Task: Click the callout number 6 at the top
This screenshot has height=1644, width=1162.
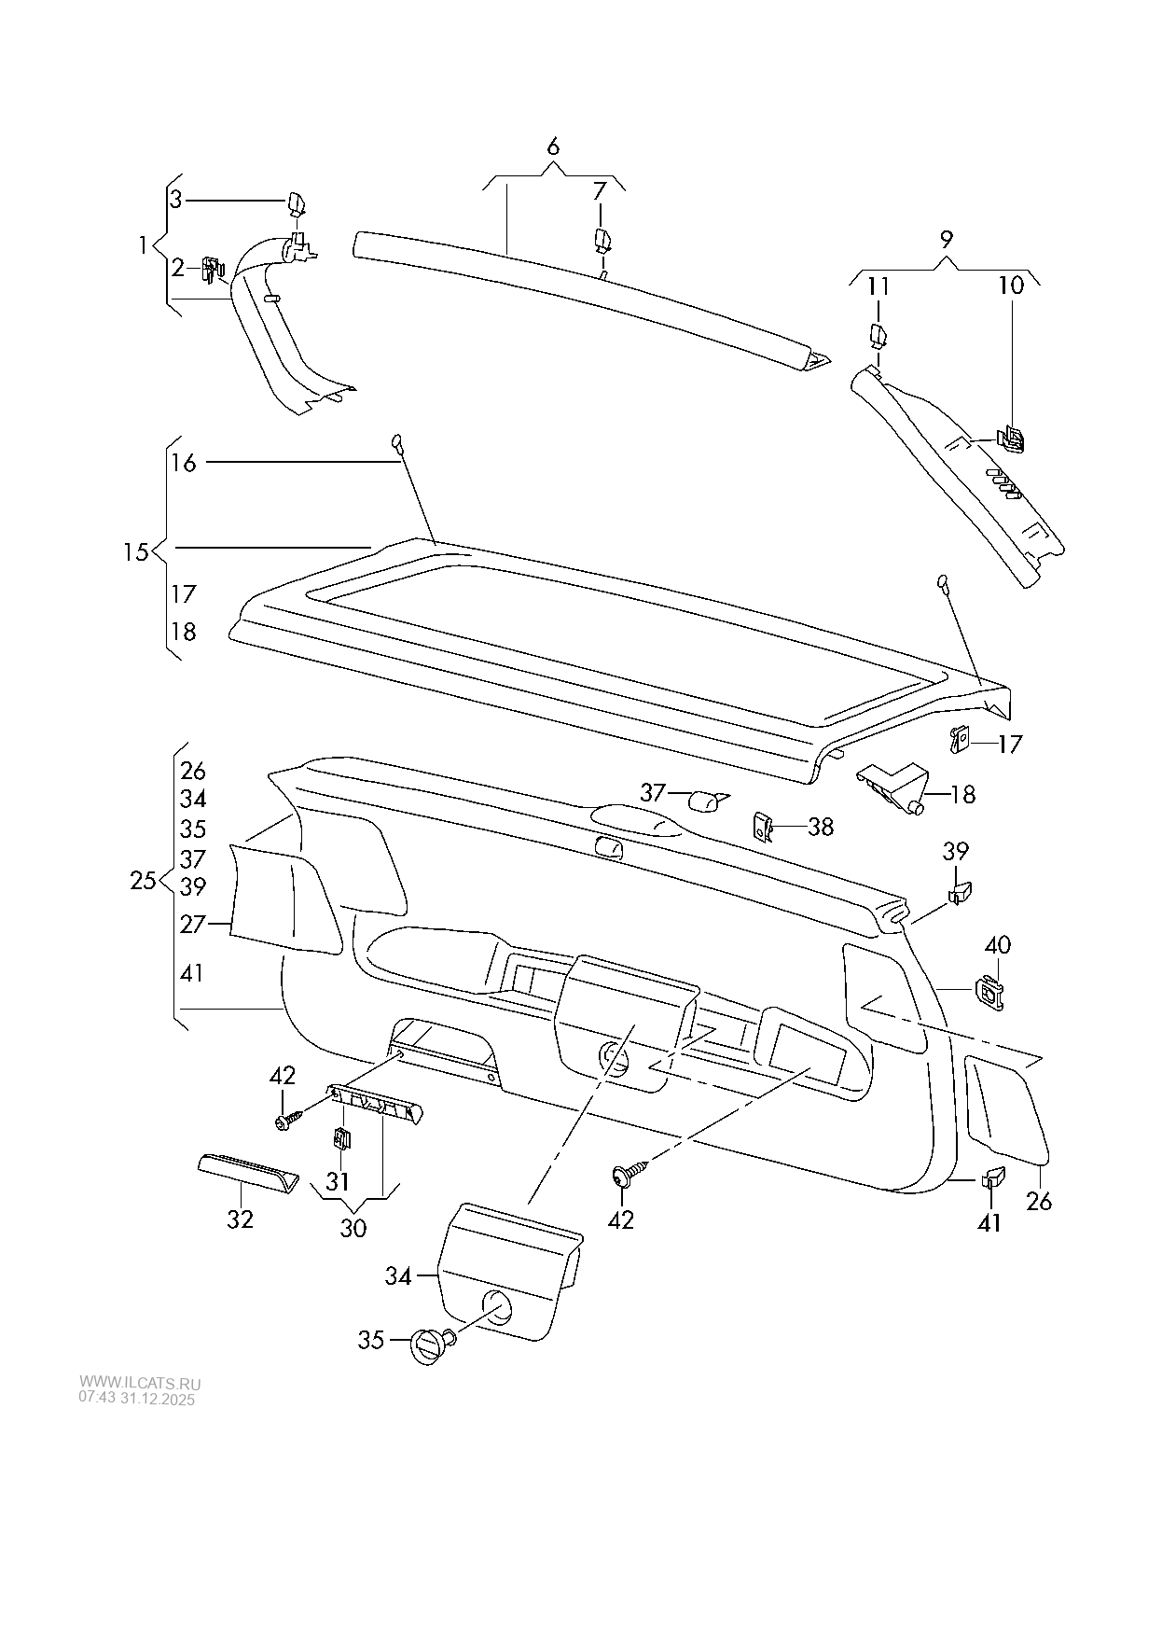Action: click(552, 146)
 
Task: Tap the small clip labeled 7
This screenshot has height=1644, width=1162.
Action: click(602, 240)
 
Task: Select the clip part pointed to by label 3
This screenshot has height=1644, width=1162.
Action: click(297, 202)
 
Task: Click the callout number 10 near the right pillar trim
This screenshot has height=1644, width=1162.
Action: click(1011, 285)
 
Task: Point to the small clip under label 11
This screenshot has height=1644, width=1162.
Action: click(878, 334)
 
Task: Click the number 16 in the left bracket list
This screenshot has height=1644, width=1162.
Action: click(184, 462)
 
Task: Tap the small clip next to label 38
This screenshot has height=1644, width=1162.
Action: click(762, 826)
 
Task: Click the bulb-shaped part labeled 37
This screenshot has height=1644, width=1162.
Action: click(706, 800)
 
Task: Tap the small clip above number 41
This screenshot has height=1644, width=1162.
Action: click(992, 1177)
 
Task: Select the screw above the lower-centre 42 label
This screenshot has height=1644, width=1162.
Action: click(625, 1175)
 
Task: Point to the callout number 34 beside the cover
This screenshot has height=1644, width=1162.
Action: click(398, 1275)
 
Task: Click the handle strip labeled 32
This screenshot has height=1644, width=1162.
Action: click(248, 1172)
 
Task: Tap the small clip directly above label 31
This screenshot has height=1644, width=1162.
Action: click(341, 1138)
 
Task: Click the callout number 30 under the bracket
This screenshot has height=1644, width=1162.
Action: click(353, 1228)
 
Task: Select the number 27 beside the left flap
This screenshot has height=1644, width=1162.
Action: click(192, 924)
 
